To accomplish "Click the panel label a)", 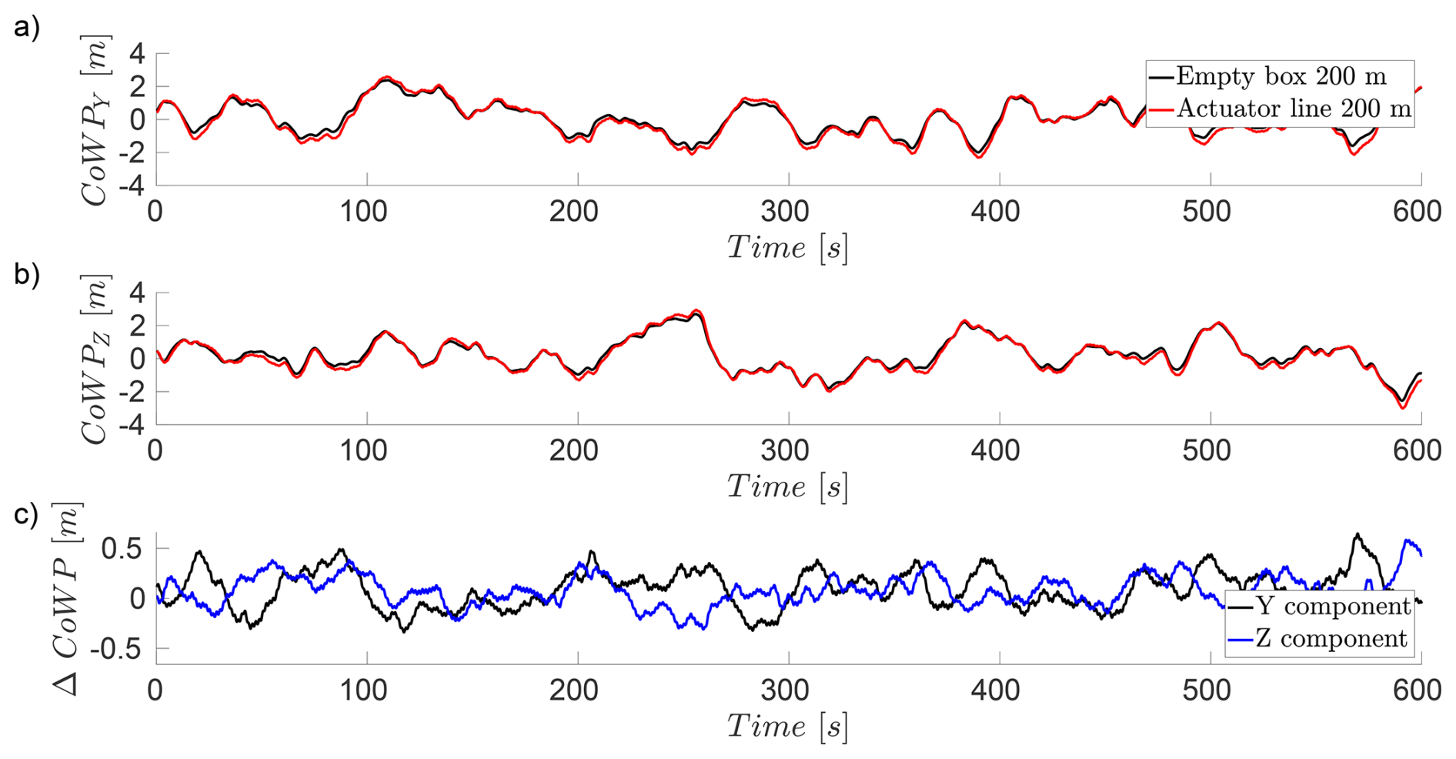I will pos(26,28).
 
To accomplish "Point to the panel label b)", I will pos(26,275).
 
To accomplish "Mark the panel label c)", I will pos(26,513).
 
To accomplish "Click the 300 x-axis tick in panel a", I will pos(785,211).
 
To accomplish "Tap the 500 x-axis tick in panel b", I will pos(1207,450).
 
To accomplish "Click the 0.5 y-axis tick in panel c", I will pos(123,549).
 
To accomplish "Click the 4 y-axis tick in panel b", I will pos(137,293).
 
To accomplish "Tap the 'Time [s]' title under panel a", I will pos(786,248).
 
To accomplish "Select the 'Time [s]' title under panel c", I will pos(786,727).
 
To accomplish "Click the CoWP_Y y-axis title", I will pos(95,120).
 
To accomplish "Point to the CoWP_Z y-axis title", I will pos(95,359).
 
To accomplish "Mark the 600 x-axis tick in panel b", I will pos(1417,450).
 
